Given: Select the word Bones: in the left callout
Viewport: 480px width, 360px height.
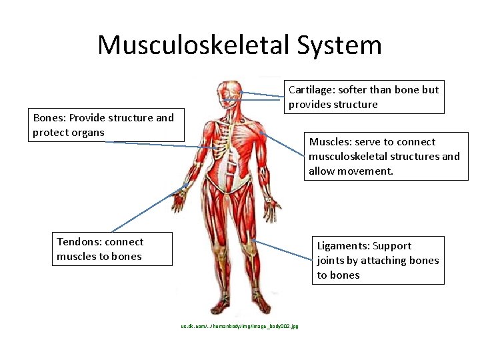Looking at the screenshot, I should pos(49,118).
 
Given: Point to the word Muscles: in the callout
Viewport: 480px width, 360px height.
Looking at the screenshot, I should pos(330,142).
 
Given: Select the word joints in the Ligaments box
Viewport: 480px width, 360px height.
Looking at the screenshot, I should pos(331,261).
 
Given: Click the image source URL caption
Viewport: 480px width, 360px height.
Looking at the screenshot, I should pos(239,326).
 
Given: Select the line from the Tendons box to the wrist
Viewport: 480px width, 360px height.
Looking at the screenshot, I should pos(143,213).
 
